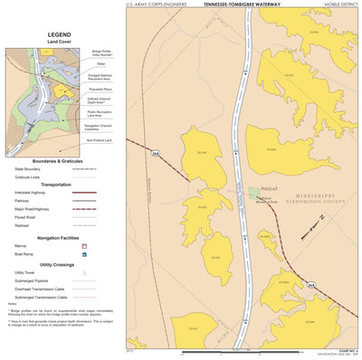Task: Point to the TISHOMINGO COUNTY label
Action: coord(308,204)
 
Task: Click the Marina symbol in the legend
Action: coord(84,245)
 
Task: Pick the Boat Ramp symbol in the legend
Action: coord(84,254)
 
